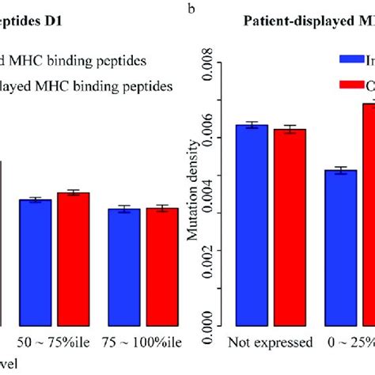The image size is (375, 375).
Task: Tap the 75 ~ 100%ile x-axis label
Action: click(x=143, y=343)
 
